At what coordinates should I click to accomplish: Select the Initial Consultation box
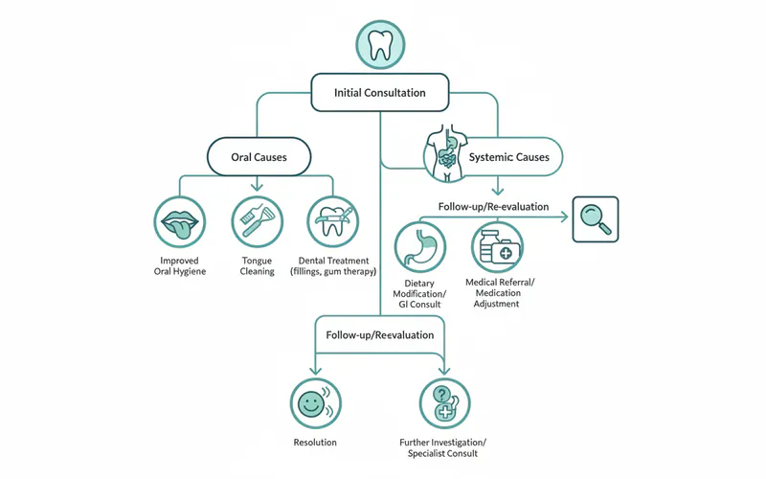[380, 93]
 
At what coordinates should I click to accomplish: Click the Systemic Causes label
[510, 156]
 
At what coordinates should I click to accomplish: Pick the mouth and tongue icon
[179, 222]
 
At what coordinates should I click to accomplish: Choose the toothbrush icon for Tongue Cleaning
[257, 222]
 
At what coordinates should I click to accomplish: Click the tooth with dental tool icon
[334, 222]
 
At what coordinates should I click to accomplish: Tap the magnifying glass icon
[595, 219]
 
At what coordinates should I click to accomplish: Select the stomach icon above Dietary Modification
[420, 247]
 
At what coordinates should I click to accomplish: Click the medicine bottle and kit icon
[497, 247]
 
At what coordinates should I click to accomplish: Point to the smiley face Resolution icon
[315, 402]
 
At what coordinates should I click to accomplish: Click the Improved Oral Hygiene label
[179, 265]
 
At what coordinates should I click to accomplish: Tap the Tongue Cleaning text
[257, 265]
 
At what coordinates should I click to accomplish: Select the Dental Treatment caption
[334, 265]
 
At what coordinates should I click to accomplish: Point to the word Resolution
[315, 442]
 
